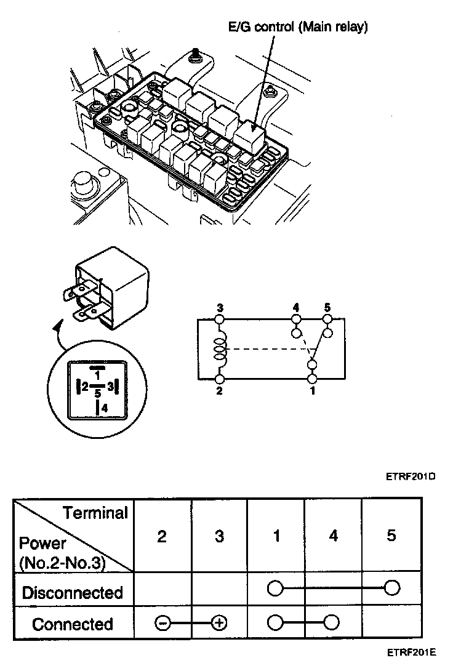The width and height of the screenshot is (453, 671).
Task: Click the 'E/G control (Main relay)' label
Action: click(298, 27)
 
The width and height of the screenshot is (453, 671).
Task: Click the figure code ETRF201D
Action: click(411, 476)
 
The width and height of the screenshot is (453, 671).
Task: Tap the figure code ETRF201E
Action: click(412, 652)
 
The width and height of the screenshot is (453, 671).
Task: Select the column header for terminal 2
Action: click(162, 536)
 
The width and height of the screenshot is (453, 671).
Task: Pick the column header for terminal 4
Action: click(334, 536)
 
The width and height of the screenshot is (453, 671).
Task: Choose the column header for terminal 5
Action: click(391, 536)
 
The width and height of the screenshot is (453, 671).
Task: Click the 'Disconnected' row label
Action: click(72, 593)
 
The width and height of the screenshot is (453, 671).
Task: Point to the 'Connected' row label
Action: click(72, 624)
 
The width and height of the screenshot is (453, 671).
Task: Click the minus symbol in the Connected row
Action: click(162, 624)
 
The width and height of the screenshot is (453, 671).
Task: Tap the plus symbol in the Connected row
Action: click(220, 623)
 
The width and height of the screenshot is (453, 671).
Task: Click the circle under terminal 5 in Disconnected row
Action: click(392, 588)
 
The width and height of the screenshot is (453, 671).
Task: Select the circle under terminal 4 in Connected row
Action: click(332, 622)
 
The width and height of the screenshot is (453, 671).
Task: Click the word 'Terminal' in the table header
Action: click(95, 513)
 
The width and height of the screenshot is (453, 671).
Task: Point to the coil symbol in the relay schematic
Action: click(220, 349)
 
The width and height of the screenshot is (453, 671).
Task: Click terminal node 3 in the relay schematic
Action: click(220, 319)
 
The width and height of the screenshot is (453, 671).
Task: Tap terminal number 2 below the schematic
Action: click(220, 391)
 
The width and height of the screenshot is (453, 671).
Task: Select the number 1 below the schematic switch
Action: click(313, 391)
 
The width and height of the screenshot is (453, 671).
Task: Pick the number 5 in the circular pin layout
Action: click(97, 393)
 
